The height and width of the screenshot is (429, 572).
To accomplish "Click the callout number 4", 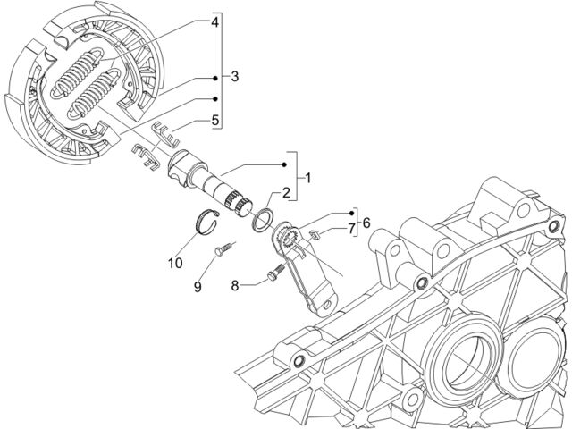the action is [x=214, y=22].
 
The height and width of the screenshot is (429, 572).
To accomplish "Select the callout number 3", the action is [x=234, y=77].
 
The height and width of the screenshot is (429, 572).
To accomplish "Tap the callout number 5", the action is [x=214, y=120].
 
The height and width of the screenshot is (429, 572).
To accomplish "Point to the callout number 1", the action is [x=308, y=179].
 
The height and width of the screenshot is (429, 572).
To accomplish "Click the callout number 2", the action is [x=286, y=193].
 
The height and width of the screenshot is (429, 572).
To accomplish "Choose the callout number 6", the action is [x=366, y=223].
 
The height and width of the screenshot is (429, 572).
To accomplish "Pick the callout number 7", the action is [x=351, y=229].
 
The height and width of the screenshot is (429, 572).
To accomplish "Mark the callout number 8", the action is [x=234, y=286].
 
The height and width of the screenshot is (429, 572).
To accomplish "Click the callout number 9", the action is [x=198, y=287].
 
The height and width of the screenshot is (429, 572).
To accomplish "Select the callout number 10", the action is [x=175, y=263].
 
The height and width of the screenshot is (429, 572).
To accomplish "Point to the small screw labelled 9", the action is [x=224, y=248].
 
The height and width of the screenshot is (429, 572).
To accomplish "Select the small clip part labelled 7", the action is [x=315, y=234].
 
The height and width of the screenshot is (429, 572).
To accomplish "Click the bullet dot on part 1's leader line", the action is [x=284, y=164].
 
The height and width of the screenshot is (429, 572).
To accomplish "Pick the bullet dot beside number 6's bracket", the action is [x=351, y=213].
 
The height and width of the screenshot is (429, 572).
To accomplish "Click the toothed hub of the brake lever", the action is [x=289, y=237].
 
